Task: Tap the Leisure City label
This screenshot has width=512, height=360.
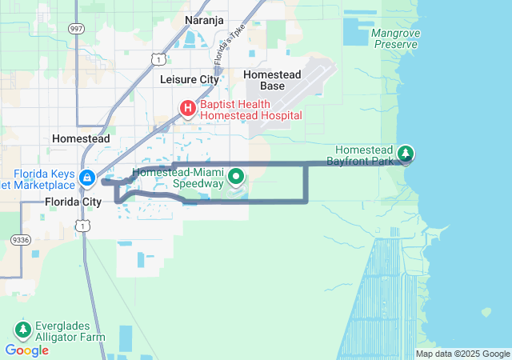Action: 190,79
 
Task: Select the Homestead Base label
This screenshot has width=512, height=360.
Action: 272,80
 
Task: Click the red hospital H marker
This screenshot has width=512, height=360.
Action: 187,108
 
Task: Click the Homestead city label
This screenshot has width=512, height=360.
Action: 81,138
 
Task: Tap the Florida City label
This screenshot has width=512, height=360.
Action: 73,202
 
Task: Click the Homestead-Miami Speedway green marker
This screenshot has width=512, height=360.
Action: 237,176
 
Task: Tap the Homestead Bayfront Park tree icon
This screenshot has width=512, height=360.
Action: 406,153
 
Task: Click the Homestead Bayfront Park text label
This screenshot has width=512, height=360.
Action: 364,156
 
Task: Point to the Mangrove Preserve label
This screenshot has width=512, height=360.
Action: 394,38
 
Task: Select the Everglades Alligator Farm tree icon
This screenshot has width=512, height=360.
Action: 23,329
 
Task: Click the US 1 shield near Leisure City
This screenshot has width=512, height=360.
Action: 159,59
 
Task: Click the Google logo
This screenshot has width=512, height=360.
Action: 26,350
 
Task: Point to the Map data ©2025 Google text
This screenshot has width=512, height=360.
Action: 462,354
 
